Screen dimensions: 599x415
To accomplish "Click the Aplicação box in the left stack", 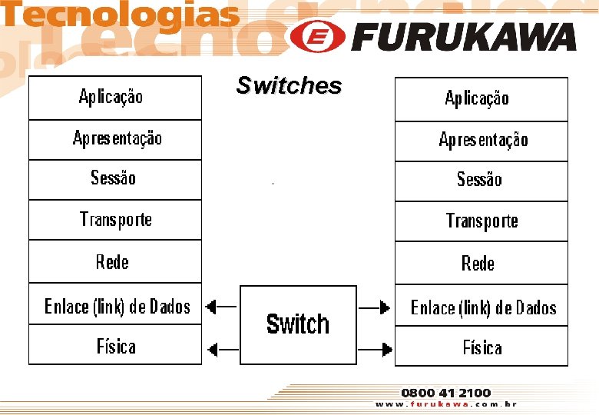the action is point(115,98).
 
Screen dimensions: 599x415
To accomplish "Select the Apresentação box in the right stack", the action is point(482,141).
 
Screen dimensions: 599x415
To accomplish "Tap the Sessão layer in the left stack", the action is point(115,180).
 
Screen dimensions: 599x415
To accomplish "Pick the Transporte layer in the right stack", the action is point(482,221).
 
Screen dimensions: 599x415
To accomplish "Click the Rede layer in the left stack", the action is point(115,262).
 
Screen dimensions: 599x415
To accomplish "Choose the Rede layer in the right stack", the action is point(482,264).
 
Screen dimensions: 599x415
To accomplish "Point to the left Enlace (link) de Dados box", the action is point(115,306).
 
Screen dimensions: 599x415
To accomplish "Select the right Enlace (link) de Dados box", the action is point(482,307).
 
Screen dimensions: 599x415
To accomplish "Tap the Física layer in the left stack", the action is point(115,346).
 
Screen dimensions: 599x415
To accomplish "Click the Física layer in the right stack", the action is point(482,347).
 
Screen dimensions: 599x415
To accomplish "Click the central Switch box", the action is point(298,324).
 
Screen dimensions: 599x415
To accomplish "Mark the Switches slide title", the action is point(289,85).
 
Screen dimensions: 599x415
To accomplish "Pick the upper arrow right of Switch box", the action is point(376,308).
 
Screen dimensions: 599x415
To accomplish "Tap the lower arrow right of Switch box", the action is point(376,351).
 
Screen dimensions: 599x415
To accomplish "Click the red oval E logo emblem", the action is point(316,36).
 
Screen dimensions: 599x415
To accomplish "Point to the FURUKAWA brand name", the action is point(465,37).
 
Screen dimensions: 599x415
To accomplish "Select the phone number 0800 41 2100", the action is point(445,393).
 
